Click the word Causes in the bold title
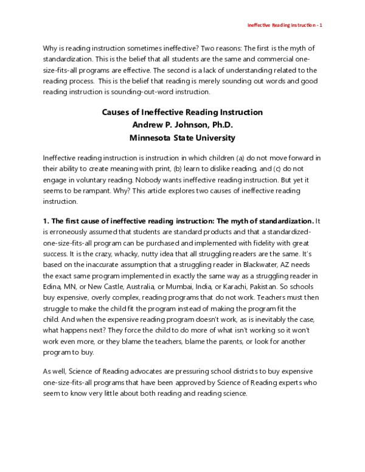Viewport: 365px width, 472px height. (119, 113)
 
